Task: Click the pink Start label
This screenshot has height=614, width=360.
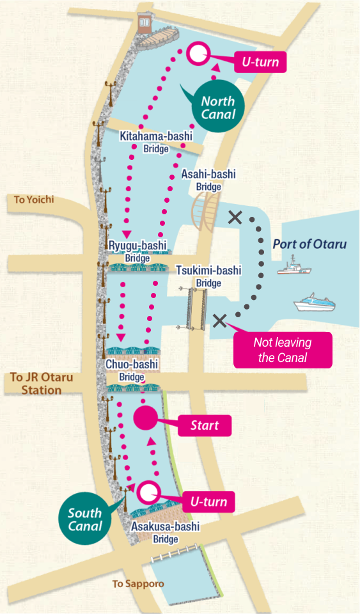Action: [x=204, y=425]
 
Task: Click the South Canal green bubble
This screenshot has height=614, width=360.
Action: [x=85, y=519]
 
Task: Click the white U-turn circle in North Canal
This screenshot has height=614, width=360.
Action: [x=197, y=53]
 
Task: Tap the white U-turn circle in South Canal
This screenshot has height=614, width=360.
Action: [x=148, y=492]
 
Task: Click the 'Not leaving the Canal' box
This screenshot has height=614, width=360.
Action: [x=283, y=350]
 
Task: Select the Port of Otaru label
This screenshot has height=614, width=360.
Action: [x=309, y=244]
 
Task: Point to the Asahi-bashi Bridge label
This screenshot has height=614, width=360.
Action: [x=208, y=180]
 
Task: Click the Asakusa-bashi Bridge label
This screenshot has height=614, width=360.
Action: [x=165, y=532]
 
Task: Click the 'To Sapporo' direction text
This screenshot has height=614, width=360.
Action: [x=138, y=583]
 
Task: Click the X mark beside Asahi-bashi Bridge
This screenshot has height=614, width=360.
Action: [x=235, y=217]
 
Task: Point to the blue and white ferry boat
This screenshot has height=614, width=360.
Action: [x=314, y=303]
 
